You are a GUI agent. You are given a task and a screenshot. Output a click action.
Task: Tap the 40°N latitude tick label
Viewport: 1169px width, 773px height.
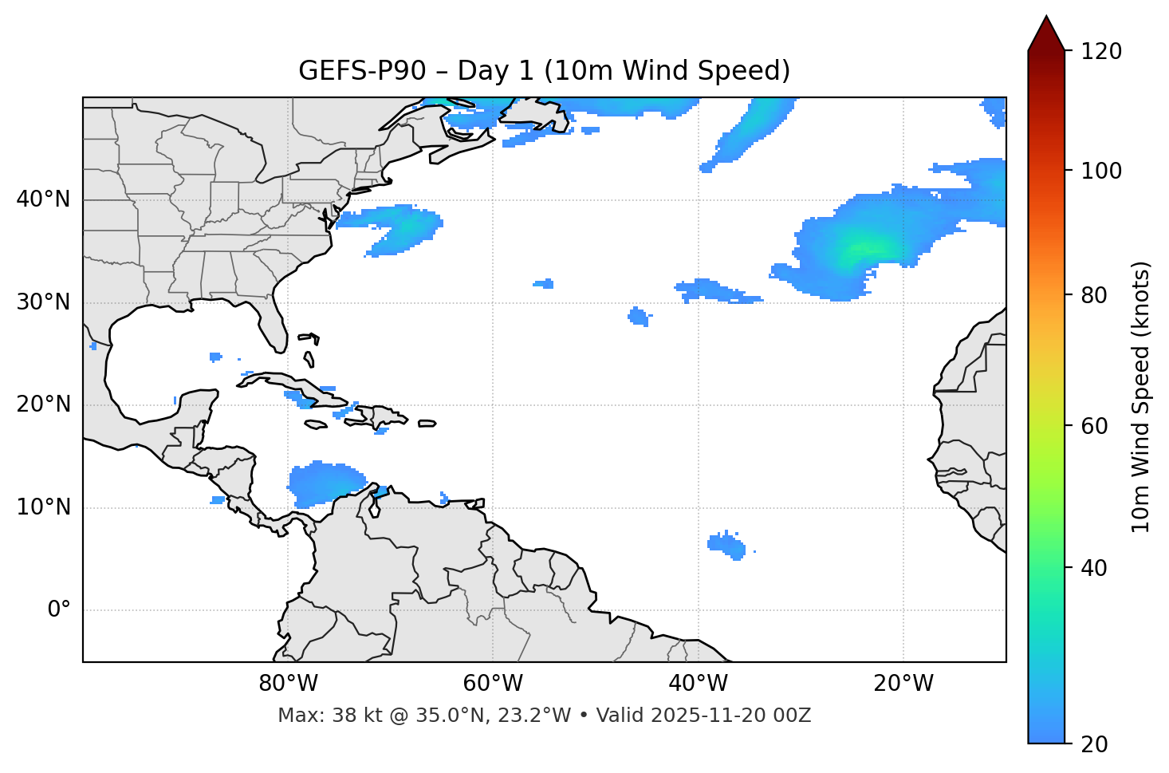pyautogui.click(x=43, y=199)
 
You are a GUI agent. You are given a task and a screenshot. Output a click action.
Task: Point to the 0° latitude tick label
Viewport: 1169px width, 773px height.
pyautogui.click(x=59, y=610)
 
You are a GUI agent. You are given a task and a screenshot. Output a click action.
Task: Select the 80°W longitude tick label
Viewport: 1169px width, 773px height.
pyautogui.click(x=288, y=684)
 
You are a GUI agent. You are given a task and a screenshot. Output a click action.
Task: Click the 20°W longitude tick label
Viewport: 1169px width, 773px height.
pyautogui.click(x=903, y=684)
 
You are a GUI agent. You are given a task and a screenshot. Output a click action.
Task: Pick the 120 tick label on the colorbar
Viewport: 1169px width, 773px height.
pyautogui.click(x=1100, y=52)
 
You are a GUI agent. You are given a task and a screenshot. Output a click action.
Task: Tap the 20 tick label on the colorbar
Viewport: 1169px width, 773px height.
pyautogui.click(x=1094, y=744)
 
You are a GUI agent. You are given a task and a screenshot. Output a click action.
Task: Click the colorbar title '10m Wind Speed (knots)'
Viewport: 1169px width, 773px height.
pyautogui.click(x=1141, y=397)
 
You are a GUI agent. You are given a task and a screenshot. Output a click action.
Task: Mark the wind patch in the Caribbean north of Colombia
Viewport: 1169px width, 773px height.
pyautogui.click(x=323, y=483)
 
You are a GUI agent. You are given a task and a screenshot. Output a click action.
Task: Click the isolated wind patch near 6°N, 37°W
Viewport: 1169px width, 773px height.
pyautogui.click(x=726, y=545)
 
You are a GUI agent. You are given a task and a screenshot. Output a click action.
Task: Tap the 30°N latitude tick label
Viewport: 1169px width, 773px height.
pyautogui.click(x=43, y=302)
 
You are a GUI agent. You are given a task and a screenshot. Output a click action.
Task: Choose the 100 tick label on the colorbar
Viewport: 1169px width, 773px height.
pyautogui.click(x=1100, y=171)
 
